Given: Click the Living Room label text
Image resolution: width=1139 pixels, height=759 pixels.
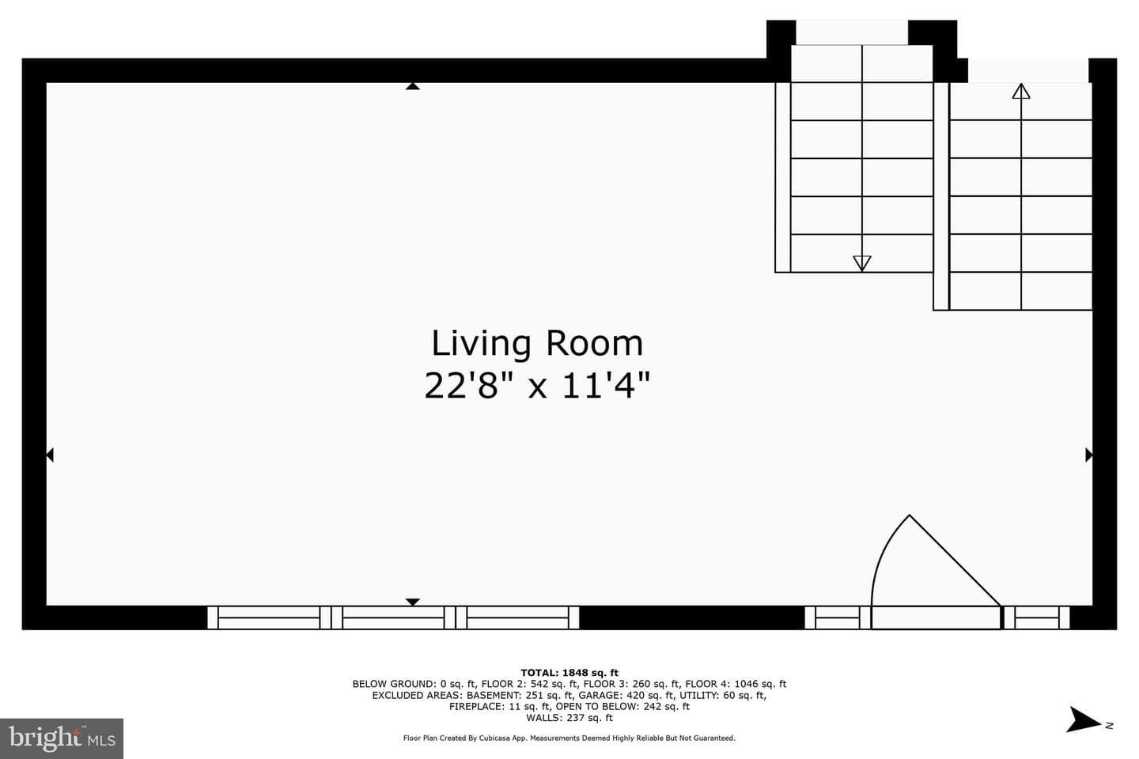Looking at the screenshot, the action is point(537,344).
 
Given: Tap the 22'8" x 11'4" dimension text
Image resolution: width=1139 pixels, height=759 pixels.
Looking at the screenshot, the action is point(537,386).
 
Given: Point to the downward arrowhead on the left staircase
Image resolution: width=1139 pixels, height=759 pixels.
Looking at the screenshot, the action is point(862,263).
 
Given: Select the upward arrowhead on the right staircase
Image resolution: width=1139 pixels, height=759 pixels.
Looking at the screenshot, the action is point(1020,91).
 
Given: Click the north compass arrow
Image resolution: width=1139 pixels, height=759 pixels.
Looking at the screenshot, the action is point(1084,719).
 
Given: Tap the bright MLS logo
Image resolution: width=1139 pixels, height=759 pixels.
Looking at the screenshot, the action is point(62,738).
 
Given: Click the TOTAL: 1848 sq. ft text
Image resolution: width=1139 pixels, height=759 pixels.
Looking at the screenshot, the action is point(569,673).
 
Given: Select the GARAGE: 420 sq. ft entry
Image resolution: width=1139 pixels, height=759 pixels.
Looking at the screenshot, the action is point(626,696).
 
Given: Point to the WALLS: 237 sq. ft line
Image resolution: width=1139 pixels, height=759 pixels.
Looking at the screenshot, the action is point(569,718).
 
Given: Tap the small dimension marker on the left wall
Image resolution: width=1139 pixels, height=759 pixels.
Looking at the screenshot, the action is point(50,455).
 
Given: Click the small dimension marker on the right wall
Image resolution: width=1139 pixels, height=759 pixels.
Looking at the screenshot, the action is point(1088,455).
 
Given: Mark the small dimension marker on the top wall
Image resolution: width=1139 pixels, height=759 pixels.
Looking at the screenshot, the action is point(412,86).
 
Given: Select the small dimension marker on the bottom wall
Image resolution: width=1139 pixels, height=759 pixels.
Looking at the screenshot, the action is point(412,602).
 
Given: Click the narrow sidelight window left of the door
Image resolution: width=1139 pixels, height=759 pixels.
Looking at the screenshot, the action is point(837,617).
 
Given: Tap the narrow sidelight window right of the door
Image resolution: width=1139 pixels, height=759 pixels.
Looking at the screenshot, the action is point(1037,617).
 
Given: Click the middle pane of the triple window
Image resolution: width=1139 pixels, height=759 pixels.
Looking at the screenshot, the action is point(393,617).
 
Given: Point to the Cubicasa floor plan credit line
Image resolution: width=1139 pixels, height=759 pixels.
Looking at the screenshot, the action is point(569,738).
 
